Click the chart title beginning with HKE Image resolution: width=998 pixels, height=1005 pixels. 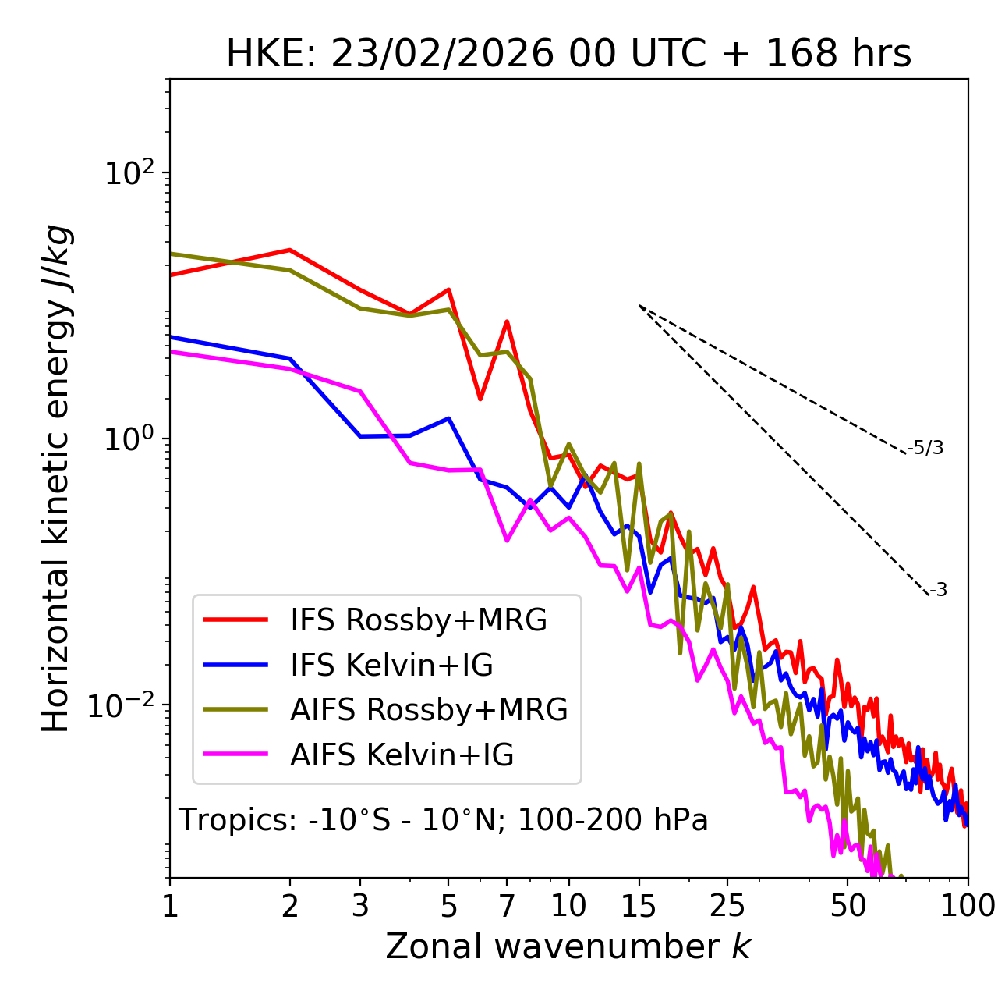point(568,54)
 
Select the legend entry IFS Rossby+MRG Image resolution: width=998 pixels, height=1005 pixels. point(419,620)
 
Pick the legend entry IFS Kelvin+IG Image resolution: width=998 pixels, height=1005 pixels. point(391,666)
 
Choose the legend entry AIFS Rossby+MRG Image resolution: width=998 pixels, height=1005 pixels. point(429,710)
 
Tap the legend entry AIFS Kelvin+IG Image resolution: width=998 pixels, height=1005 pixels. point(402,755)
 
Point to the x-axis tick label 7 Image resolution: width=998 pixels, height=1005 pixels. point(507,906)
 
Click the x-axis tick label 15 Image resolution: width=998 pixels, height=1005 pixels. point(639,906)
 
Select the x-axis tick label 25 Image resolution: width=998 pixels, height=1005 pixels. point(727,906)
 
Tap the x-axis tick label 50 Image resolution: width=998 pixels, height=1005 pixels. point(848,906)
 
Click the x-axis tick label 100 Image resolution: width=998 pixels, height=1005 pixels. point(967,906)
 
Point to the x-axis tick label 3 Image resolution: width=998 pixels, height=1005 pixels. point(360,906)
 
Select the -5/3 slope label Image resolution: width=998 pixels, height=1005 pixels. point(925,448)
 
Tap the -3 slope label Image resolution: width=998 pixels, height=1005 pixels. point(938,590)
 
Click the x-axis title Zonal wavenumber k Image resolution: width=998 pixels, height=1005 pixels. point(568,946)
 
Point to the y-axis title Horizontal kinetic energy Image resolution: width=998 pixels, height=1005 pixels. point(57,478)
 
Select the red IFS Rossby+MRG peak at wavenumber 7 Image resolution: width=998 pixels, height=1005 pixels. point(507,321)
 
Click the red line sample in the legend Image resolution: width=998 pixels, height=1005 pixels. point(235,620)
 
